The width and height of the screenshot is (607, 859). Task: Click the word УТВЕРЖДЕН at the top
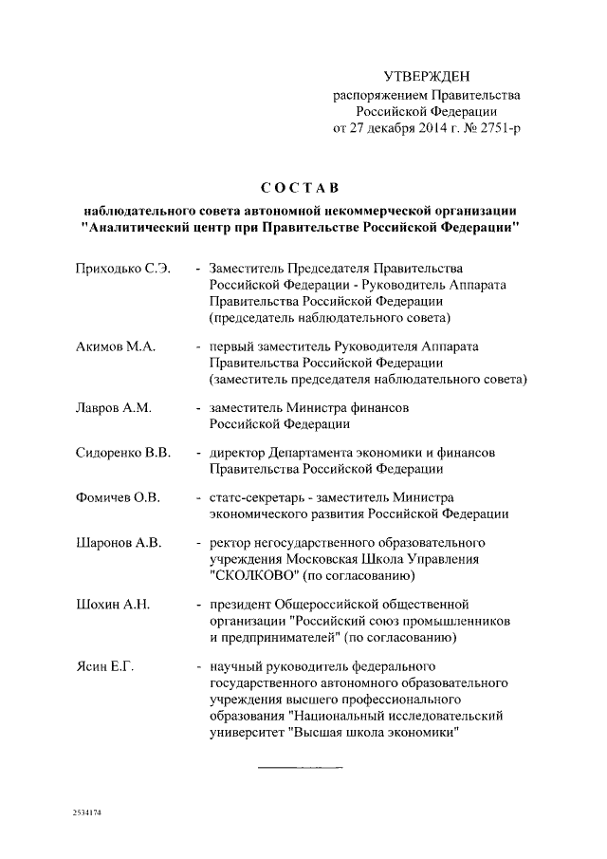tap(426, 75)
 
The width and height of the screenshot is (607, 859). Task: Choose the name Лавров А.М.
tap(113, 408)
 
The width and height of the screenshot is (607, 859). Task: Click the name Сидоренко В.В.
tap(122, 453)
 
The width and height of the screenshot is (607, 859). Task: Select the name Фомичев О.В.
tap(118, 497)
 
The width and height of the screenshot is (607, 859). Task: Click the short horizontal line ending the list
tap(299, 765)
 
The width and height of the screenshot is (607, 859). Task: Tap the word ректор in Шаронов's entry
tap(230, 543)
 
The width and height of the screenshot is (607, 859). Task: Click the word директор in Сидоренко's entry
tap(240, 453)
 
